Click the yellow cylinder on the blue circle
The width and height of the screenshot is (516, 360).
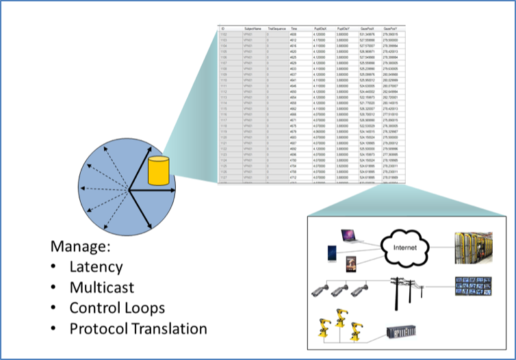[158, 172]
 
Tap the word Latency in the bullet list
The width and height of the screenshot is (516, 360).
[96, 267]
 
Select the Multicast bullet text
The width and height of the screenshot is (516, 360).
[101, 287]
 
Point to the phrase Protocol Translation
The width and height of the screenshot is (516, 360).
[138, 328]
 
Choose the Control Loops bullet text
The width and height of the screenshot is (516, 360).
[117, 307]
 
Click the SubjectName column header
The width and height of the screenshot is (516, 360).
[253, 28]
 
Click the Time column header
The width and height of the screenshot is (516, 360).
[294, 28]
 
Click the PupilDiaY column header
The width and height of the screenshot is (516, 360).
[344, 28]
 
